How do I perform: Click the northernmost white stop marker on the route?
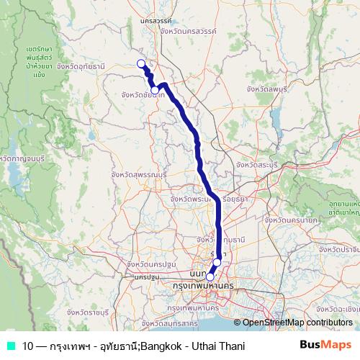coord(141,63)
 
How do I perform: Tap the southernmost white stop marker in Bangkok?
coord(210,276)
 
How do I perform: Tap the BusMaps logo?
coord(326,346)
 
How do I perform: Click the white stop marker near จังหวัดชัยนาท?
coord(155,90)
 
